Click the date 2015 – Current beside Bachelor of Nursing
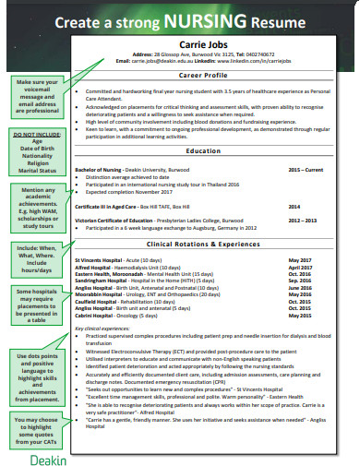[x=306, y=171]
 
